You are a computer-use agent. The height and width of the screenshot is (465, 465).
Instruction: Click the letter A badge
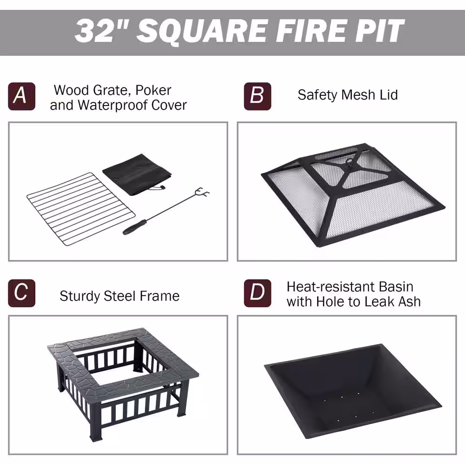[x=22, y=96]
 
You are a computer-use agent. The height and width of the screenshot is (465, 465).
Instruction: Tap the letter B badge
[x=258, y=96]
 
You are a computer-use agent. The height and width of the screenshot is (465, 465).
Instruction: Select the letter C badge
[x=22, y=293]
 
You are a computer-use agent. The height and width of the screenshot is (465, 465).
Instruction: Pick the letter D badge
[x=258, y=293]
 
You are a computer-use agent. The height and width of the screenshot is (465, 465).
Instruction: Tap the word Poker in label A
[x=153, y=91]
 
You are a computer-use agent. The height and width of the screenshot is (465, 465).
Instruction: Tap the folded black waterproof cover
[x=137, y=174]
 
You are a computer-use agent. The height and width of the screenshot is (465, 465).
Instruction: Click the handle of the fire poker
[x=135, y=227]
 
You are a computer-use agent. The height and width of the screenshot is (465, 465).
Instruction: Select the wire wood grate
[x=81, y=209]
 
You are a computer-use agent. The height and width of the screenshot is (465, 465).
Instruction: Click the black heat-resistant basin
[x=352, y=391]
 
